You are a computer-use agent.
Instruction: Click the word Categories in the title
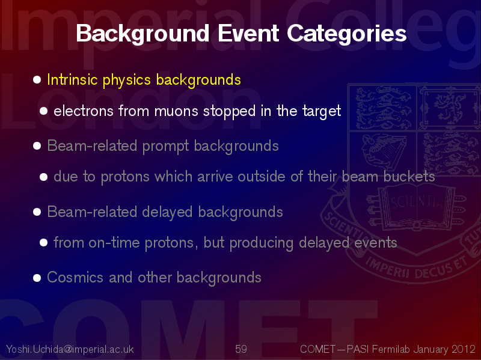click(347, 34)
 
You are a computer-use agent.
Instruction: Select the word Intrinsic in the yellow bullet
click(72, 80)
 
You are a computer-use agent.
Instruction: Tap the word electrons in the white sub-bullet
click(84, 111)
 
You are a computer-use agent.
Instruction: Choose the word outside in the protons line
click(262, 176)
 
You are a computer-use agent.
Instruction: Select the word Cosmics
click(75, 278)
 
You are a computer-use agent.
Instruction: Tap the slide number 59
click(241, 349)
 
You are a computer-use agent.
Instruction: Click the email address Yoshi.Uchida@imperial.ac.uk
click(70, 349)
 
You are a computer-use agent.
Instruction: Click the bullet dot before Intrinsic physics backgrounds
click(37, 80)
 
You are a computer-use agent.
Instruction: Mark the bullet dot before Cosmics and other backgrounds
click(37, 278)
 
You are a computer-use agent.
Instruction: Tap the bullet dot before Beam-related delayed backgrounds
click(37, 212)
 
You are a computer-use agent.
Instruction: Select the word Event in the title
click(248, 33)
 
